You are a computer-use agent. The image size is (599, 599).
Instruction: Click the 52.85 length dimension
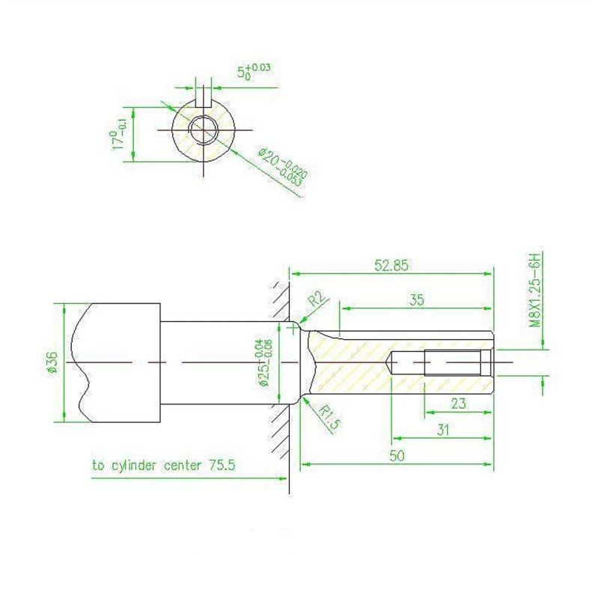(x=391, y=265)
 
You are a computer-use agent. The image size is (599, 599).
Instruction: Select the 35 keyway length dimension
(x=416, y=300)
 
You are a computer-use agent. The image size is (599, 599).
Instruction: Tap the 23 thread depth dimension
(x=458, y=403)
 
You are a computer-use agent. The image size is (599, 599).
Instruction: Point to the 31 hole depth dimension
(x=443, y=430)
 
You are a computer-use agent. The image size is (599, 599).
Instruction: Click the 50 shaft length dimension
(x=397, y=456)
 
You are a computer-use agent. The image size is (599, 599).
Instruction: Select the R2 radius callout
(x=317, y=299)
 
